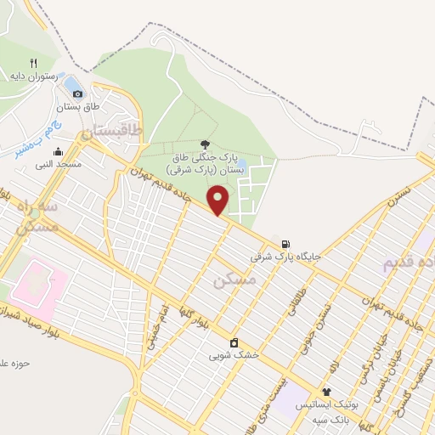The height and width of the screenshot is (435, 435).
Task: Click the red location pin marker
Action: point(219,199)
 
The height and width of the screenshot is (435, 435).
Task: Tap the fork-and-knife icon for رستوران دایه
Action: point(34,63)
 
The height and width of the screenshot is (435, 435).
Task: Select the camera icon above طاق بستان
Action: point(78,93)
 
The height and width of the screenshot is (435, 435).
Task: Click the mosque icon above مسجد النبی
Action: point(58,152)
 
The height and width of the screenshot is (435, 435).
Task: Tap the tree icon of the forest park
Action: point(204,144)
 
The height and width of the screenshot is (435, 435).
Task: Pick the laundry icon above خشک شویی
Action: point(235,342)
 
